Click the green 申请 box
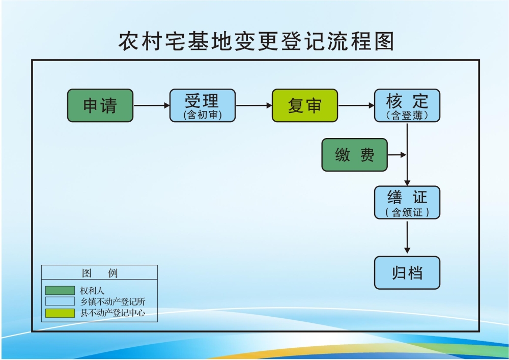tap(100, 105)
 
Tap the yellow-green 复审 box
tap(305, 105)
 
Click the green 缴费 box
tap(354, 155)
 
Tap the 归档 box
tap(407, 273)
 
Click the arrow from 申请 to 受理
tap(151, 105)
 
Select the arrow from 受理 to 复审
tap(254, 105)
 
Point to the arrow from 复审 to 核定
tap(356, 105)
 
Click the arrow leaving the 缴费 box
tap(397, 155)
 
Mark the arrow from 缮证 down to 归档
tap(407, 237)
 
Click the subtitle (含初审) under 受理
tap(203, 115)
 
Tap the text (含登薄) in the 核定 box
tap(407, 116)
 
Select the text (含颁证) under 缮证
tap(407, 213)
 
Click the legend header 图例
tap(100, 273)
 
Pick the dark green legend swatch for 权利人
tap(60, 290)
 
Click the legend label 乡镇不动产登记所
tap(112, 301)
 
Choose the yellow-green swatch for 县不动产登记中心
tap(60, 313)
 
